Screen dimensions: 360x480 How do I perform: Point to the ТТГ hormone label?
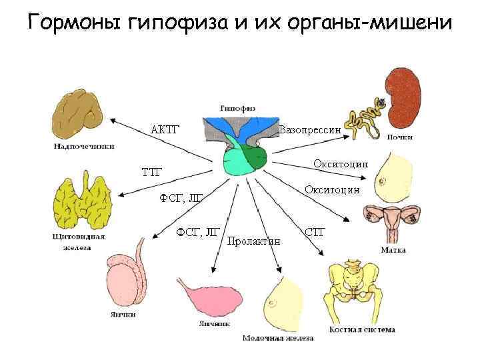point(152,173)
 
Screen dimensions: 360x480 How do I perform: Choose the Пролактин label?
point(253,241)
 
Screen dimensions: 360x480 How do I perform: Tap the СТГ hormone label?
point(314,232)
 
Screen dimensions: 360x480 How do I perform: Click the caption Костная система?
point(362,329)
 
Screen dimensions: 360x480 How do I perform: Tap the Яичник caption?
point(214,323)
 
